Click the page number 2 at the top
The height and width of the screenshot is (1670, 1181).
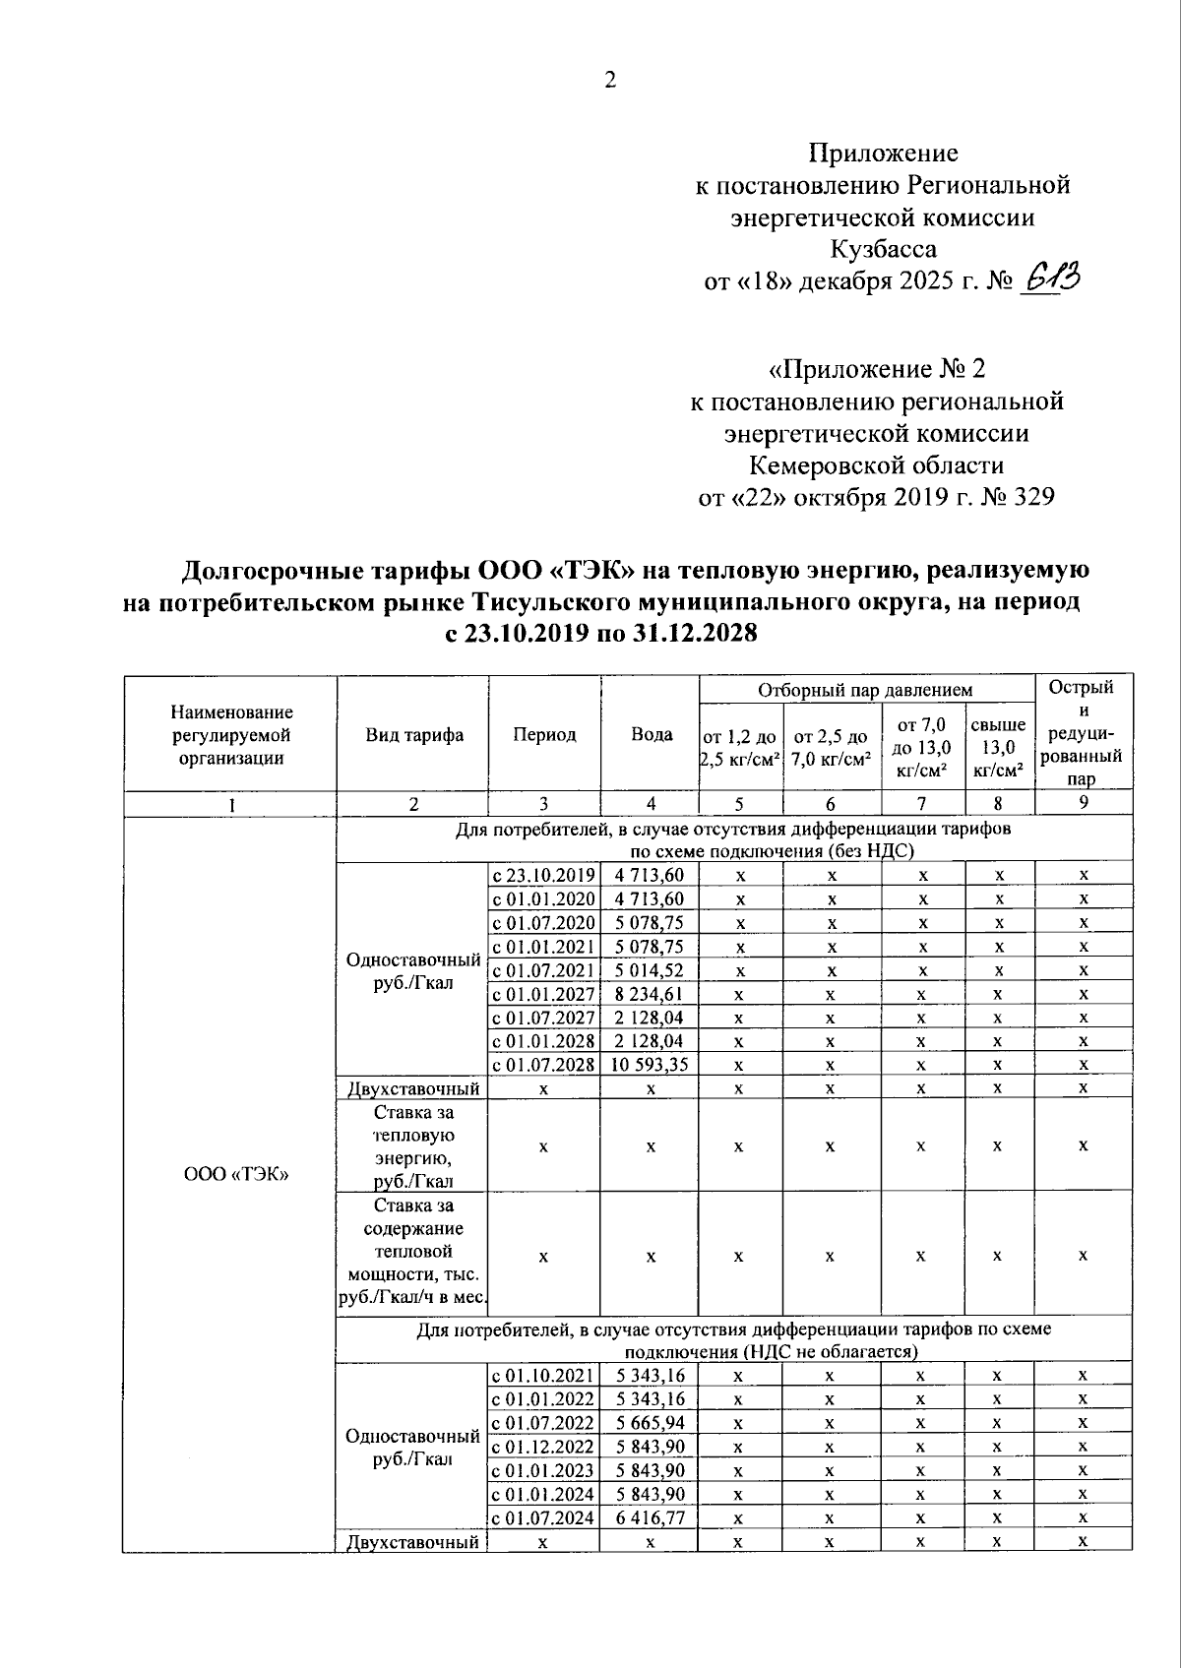tap(609, 81)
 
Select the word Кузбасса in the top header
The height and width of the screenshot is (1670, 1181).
tap(883, 248)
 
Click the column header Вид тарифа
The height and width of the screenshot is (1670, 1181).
tap(414, 735)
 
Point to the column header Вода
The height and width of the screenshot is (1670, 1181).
tap(651, 734)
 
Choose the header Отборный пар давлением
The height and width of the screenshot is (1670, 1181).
tap(864, 690)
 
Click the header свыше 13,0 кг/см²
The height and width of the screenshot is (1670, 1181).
tap(998, 747)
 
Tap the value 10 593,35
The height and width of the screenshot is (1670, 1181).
tap(650, 1065)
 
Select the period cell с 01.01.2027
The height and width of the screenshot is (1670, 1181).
tap(544, 994)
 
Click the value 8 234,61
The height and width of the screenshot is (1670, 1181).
tap(650, 994)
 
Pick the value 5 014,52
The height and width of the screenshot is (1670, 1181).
tap(650, 970)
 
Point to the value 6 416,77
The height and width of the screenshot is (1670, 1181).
tap(650, 1518)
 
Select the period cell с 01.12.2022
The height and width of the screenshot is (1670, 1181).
tap(544, 1447)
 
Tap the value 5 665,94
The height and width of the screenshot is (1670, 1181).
tap(650, 1423)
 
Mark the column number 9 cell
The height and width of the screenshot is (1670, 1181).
tap(1083, 803)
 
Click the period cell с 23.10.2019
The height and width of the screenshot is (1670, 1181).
tap(544, 875)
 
